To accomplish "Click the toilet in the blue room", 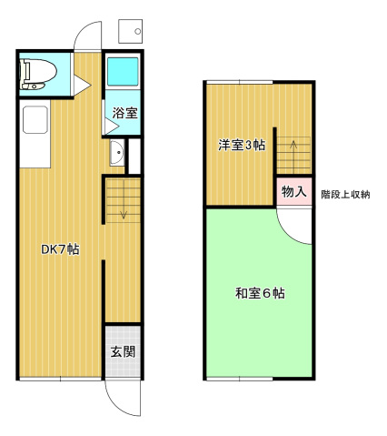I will [x=37, y=73].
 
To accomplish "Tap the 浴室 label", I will [x=124, y=113].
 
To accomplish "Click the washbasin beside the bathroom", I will [x=117, y=155].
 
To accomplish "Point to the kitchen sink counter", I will [x=35, y=134].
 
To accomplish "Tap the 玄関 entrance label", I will [x=123, y=351].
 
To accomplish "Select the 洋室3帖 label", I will [x=241, y=144].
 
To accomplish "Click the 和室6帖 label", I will [x=260, y=293].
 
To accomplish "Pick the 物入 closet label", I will [x=293, y=192].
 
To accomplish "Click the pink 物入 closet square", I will [x=293, y=193].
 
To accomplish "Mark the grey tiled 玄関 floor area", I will [x=123, y=351].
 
